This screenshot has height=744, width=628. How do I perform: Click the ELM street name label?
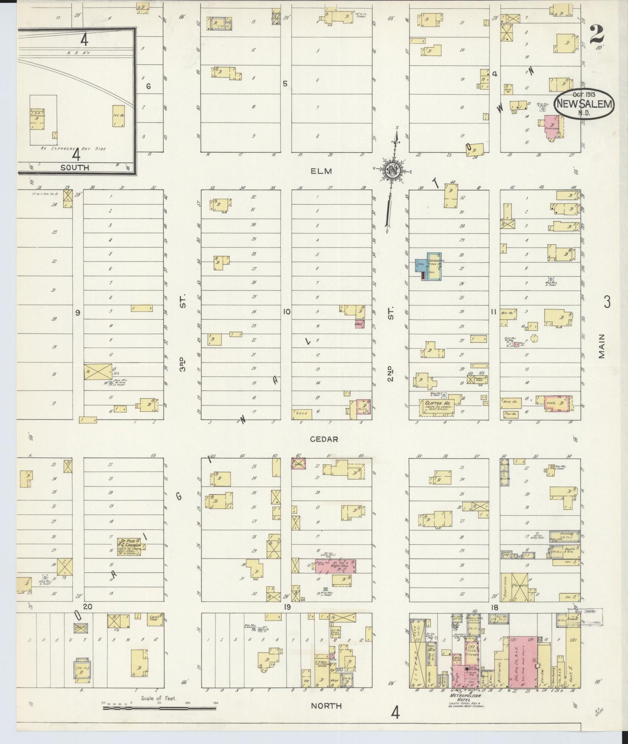tap(321, 171)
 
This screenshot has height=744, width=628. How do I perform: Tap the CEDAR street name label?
tap(323, 439)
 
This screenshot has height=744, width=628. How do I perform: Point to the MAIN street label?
tap(601, 346)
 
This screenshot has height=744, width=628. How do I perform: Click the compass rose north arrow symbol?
tap(393, 170)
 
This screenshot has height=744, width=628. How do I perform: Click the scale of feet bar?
tap(159, 708)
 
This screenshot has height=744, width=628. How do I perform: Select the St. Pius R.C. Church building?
tap(128, 545)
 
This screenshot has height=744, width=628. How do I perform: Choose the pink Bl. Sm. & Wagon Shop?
tap(335, 566)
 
